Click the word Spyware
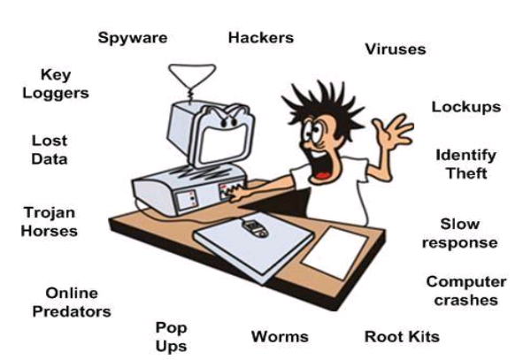133,38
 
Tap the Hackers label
260,38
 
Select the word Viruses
396,49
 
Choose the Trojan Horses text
50,222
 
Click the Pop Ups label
171,336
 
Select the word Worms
280,336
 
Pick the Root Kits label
402,336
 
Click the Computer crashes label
466,290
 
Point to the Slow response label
459,233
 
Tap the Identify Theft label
466,164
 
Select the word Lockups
466,107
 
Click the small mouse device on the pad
256,227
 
